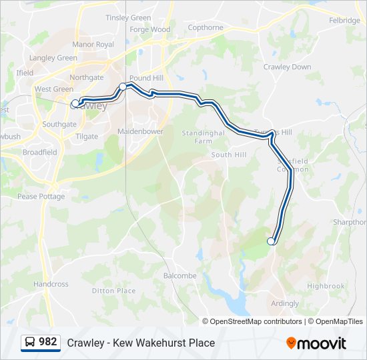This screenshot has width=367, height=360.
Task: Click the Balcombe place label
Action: (179, 275)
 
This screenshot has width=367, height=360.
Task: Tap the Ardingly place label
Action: (285, 303)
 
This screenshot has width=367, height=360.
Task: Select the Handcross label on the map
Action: (51, 284)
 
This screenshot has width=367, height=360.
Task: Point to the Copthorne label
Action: (206, 27)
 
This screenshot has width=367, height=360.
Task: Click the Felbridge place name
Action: (344, 21)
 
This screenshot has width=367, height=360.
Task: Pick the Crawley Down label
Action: (287, 67)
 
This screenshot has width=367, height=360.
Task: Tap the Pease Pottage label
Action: (41, 197)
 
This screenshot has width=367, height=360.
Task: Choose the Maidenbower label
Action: (140, 131)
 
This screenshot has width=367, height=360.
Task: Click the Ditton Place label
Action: (113, 291)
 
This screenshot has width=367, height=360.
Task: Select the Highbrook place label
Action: (326, 286)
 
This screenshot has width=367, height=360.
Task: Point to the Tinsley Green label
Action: (128, 18)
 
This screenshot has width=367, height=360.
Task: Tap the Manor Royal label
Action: (93, 45)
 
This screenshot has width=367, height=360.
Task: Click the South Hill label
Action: (229, 155)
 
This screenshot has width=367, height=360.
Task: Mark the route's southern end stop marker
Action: (271, 241)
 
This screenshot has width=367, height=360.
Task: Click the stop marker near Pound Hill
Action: (123, 87)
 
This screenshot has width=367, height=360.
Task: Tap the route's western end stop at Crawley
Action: (75, 103)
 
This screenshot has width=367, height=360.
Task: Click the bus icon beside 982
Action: (30, 343)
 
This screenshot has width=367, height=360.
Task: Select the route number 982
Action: (48, 342)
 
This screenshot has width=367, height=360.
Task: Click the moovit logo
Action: (316, 343)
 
